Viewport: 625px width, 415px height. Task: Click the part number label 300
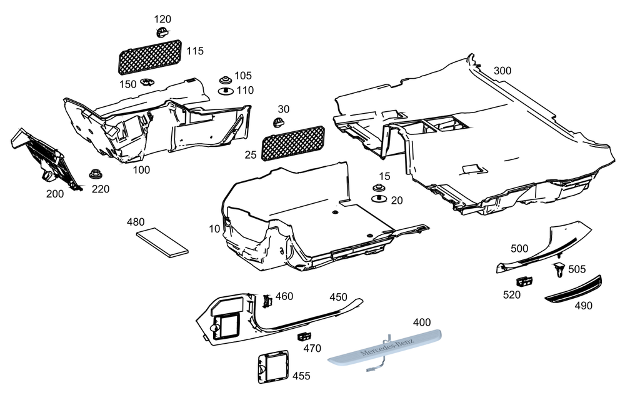point(502,71)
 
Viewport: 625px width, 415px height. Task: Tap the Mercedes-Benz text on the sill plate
point(382,347)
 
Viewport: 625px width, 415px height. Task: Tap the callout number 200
point(55,194)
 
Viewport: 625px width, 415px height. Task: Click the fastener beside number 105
point(224,81)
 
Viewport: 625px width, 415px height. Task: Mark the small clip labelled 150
point(147,82)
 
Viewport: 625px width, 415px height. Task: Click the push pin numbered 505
point(558,270)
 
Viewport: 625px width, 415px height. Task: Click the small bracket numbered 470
point(304,336)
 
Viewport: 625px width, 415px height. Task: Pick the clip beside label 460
point(267,300)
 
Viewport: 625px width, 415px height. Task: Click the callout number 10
point(214,229)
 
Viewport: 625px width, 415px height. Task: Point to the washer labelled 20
point(378,199)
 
